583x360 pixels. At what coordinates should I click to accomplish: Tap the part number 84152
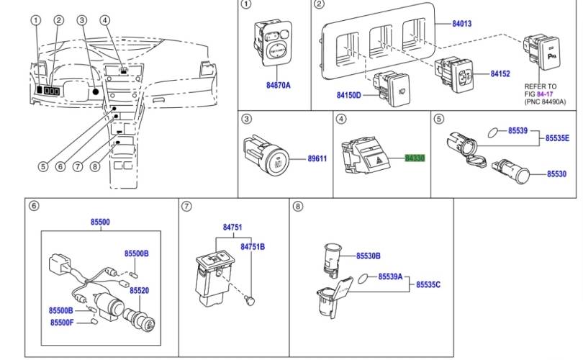coord(500,74)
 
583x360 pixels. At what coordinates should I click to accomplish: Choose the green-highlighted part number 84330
coord(415,156)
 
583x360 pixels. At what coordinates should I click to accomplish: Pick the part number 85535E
coord(556,138)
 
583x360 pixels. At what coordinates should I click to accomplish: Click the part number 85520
coord(139,290)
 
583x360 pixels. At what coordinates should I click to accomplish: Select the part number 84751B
coord(253,247)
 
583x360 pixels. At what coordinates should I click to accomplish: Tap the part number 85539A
coord(391,276)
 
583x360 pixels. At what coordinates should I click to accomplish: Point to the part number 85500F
coord(62,323)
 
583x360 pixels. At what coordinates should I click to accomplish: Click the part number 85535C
coord(428,285)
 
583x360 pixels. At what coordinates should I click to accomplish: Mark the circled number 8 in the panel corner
coord(297,207)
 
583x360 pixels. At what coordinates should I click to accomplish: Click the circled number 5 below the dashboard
coord(42,166)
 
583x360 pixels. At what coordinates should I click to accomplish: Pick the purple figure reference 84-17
coord(543,93)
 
